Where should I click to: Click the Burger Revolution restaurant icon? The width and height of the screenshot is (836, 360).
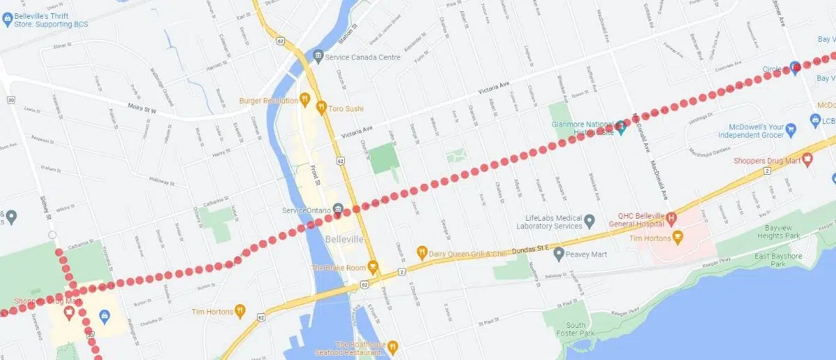304,100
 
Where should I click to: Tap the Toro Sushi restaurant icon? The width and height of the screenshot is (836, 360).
321,107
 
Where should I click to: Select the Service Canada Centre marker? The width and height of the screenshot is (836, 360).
318,56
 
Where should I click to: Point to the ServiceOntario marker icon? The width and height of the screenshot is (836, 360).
337,210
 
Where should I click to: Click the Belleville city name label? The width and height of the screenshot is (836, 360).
344,240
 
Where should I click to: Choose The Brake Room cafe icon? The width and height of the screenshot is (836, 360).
373,267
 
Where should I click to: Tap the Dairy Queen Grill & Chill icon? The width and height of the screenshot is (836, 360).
421,251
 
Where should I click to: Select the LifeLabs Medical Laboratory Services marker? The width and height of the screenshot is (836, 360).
589,221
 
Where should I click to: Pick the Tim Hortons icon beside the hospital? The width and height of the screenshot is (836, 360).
676,238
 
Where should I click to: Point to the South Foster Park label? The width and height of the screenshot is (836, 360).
576,329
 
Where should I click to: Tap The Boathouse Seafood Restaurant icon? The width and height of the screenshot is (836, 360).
393,345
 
